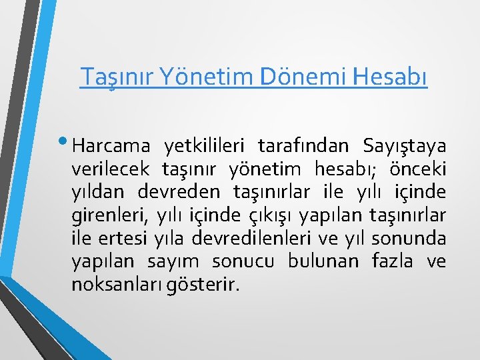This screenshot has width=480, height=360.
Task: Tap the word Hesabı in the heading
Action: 387,77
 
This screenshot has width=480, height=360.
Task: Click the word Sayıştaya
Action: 405,145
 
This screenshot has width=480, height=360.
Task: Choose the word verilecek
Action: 110,169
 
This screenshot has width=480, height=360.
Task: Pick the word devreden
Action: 180,192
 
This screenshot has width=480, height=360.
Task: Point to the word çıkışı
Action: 271,215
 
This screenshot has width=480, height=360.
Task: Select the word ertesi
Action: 124,239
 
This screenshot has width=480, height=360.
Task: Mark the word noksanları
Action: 114,285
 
